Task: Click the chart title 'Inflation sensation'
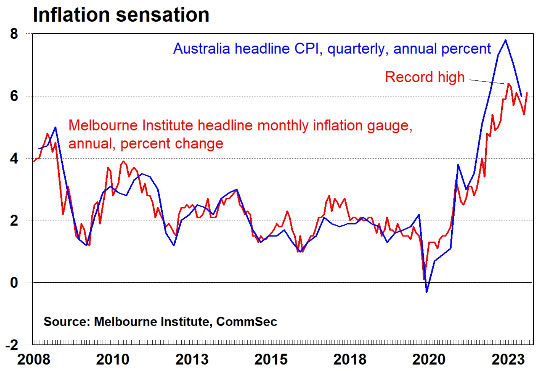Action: click(121, 15)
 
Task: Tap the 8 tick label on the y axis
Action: click(14, 34)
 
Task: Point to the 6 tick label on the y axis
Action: click(14, 96)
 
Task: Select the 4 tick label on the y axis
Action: click(14, 158)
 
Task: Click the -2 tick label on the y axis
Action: click(12, 345)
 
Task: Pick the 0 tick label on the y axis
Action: click(14, 283)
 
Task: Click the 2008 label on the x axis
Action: click(34, 359)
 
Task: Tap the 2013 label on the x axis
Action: click(192, 359)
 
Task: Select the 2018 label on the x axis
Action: click(350, 359)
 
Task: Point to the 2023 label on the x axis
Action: click(508, 359)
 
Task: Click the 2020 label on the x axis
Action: click(429, 359)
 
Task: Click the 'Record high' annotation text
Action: click(424, 77)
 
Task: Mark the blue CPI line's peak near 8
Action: click(505, 40)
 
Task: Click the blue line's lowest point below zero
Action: click(427, 292)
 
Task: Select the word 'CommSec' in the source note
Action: click(246, 321)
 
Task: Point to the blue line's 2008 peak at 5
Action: click(55, 127)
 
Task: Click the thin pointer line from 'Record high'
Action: click(488, 82)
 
